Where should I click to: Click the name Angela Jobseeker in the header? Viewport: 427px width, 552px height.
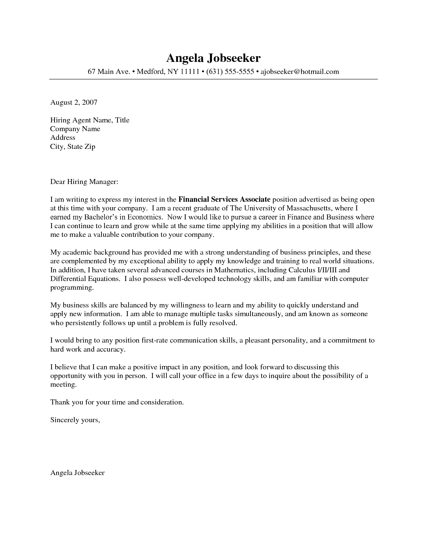(x=213, y=58)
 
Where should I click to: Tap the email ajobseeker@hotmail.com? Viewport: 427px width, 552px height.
(x=300, y=72)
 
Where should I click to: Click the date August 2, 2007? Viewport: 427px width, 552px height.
(x=74, y=102)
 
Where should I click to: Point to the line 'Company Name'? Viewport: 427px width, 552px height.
(x=75, y=129)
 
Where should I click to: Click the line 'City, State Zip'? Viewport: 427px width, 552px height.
(x=73, y=147)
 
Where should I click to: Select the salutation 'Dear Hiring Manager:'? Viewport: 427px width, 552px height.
(x=84, y=182)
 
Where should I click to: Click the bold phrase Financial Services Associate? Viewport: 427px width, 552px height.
(x=224, y=200)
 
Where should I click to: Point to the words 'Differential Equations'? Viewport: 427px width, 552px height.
(x=84, y=279)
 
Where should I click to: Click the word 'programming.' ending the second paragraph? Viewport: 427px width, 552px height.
(x=71, y=287)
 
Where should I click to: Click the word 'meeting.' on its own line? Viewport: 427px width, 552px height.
(x=63, y=385)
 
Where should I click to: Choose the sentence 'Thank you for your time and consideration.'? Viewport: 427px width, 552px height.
(x=117, y=402)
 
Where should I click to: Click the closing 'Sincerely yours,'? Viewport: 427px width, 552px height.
(x=75, y=420)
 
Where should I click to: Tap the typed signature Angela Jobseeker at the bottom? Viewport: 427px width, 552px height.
(x=77, y=473)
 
